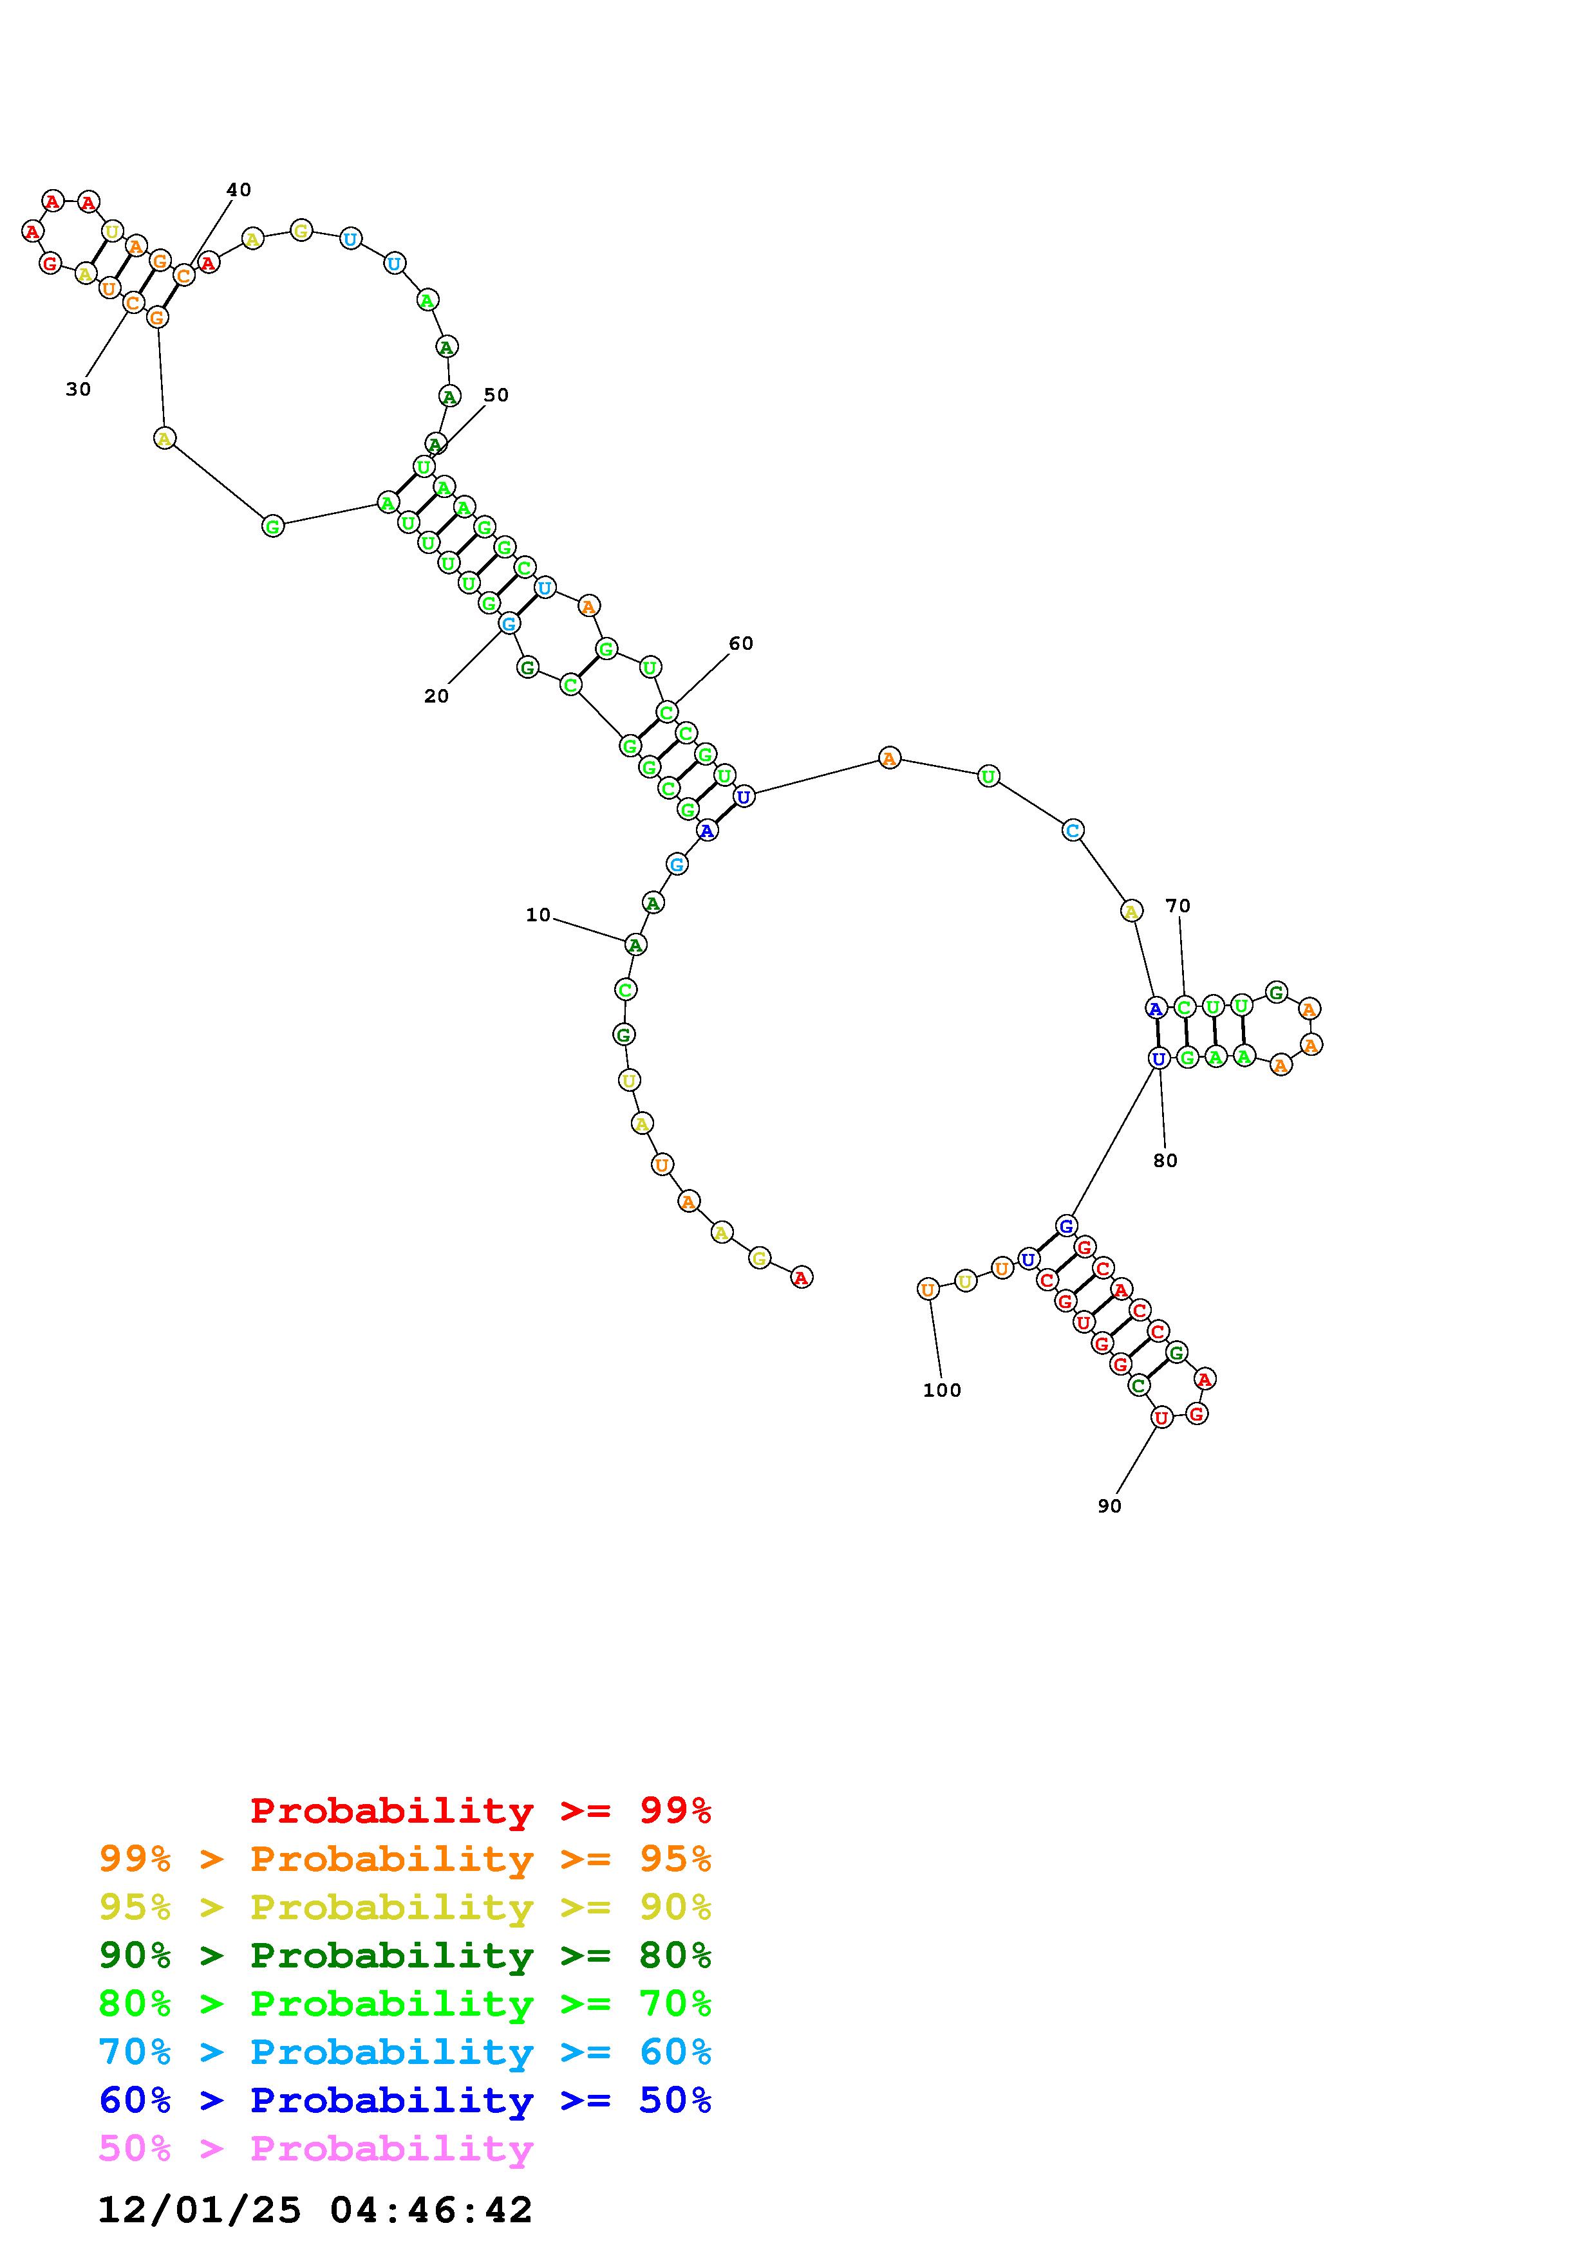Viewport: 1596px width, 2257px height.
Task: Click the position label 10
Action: coord(538,915)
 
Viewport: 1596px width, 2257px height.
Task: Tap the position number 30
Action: coord(79,389)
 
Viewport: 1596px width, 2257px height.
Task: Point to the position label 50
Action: coord(496,395)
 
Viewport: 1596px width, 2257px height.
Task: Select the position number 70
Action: coord(1178,905)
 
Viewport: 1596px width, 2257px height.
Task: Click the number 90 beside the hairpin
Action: coord(1109,1506)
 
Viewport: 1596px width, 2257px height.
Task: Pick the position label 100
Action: coord(942,1390)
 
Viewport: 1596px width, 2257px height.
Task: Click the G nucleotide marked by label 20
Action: coord(509,623)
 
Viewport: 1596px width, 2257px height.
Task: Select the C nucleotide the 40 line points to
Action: coord(184,276)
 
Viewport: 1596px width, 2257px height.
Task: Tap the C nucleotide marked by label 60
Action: coord(667,712)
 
